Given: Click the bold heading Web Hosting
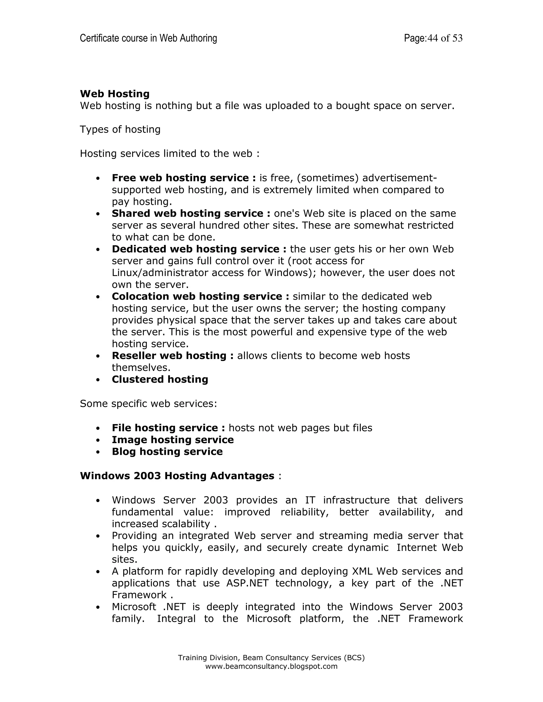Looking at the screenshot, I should (115, 94).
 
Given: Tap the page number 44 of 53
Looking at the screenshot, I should (445, 38).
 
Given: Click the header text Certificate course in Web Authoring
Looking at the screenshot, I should (148, 38).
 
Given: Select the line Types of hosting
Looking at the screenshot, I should (120, 130).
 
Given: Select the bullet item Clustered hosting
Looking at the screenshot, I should (160, 379).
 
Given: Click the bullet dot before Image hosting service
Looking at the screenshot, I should (98, 440).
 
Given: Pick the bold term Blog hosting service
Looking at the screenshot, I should (167, 452).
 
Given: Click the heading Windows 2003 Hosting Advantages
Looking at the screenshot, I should (177, 476).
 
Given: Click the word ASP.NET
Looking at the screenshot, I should (247, 583).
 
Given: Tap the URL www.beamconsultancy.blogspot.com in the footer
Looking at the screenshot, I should (271, 666).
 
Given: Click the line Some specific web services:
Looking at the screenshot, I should (148, 403).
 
